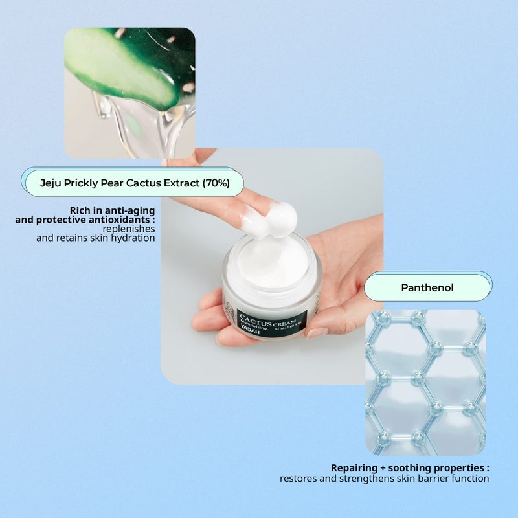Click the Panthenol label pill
[x=427, y=287]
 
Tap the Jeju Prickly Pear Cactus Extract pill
[x=135, y=183]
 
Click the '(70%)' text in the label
[x=216, y=183]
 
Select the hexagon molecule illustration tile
[x=425, y=382]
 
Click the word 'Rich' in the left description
[x=81, y=210]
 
